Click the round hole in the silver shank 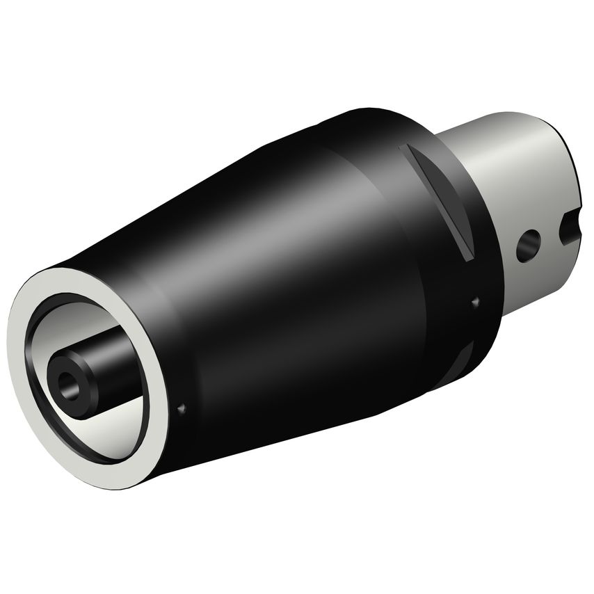(x=529, y=245)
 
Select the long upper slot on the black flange (x=439, y=202)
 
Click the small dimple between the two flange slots (x=476, y=301)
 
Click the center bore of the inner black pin (x=68, y=382)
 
